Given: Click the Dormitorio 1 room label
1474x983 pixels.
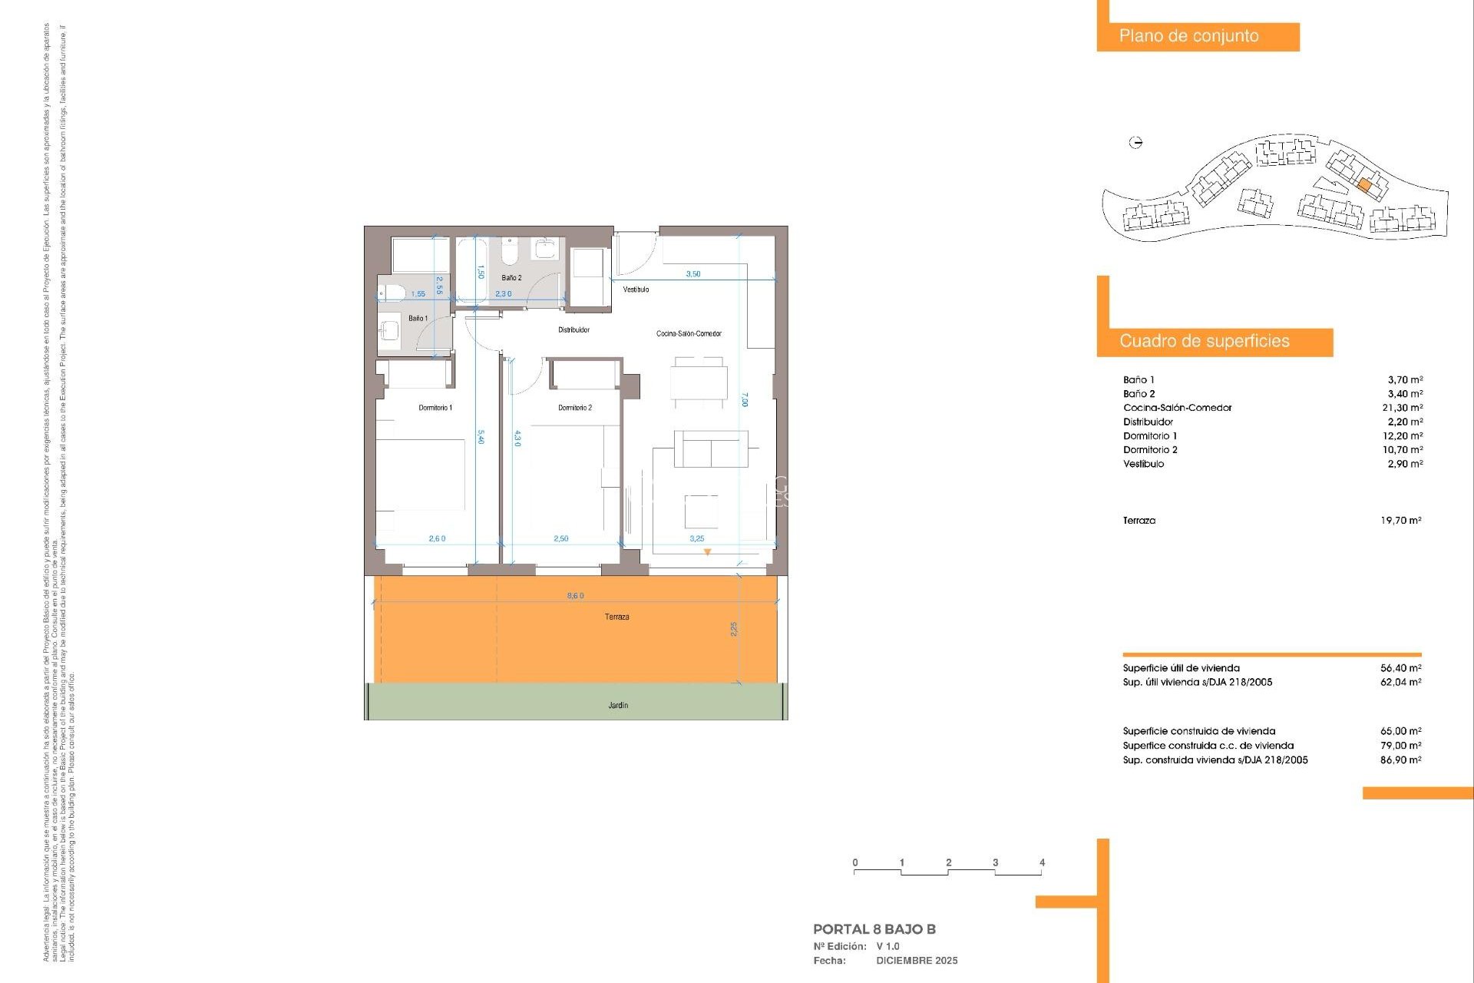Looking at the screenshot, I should [435, 408].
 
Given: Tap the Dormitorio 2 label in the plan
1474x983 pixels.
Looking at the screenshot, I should [574, 408].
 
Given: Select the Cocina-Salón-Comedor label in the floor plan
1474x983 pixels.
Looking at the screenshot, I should [689, 333].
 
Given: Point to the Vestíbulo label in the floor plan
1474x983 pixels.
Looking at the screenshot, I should [636, 290].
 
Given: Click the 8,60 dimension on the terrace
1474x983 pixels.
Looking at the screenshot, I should [575, 595].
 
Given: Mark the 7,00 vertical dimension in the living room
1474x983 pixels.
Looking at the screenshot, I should [744, 399].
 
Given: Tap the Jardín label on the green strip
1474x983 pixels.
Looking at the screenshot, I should [618, 705].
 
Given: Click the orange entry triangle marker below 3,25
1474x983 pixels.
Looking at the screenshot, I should [707, 552].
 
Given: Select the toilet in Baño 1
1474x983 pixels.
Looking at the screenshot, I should [392, 293].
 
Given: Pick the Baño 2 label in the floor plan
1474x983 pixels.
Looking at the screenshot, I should [511, 278].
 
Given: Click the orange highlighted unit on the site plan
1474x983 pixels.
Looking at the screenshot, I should [1364, 185].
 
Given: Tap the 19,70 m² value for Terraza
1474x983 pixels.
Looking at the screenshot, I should [1400, 521].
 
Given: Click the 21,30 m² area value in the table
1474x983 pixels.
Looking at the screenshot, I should [1402, 408].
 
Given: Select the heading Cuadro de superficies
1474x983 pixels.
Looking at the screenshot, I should [1204, 342].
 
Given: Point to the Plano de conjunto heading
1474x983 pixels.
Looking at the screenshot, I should [1188, 36].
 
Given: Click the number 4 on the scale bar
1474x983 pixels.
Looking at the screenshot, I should [1042, 862].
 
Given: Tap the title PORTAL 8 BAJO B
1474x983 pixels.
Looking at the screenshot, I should [874, 929].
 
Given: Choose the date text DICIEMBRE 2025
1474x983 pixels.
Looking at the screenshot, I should [917, 961].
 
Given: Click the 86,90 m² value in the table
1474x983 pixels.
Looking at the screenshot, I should [1400, 760].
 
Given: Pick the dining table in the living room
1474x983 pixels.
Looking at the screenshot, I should [699, 382].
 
